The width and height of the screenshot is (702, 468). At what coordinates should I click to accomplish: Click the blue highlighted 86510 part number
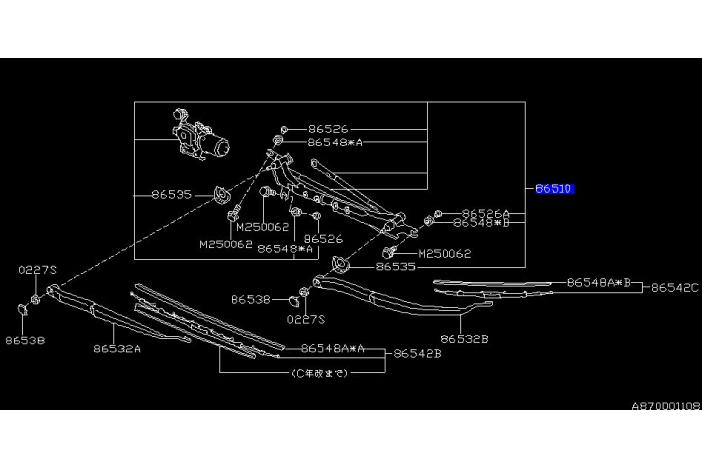click(x=556, y=187)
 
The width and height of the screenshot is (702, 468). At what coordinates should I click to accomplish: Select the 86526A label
click(x=485, y=213)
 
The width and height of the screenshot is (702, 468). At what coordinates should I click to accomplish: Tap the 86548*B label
click(x=485, y=223)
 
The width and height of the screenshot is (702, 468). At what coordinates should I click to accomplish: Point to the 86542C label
click(x=674, y=287)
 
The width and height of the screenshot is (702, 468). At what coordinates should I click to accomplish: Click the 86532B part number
click(x=465, y=339)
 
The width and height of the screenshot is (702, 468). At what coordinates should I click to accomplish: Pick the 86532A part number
click(x=117, y=349)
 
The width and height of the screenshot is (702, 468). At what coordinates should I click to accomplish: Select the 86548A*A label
click(x=333, y=348)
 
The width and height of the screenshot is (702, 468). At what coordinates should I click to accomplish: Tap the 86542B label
click(x=418, y=353)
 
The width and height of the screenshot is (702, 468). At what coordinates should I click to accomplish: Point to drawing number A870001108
click(x=664, y=407)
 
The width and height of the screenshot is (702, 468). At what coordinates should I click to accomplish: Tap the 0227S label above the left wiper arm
click(x=37, y=270)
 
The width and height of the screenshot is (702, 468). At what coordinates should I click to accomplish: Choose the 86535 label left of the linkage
click(x=171, y=194)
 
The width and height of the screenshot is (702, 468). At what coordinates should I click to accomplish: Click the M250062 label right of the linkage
click(x=444, y=254)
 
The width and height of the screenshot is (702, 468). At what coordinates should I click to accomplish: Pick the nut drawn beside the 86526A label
click(x=437, y=215)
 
